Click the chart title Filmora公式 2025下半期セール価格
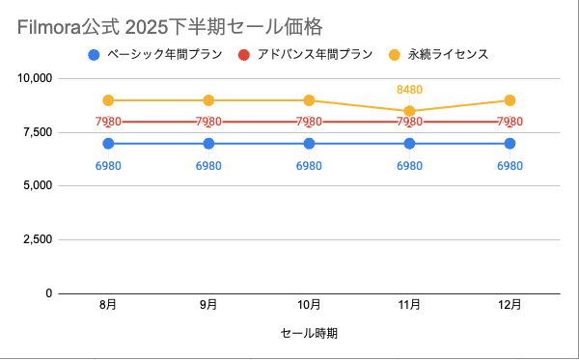pyautogui.click(x=170, y=25)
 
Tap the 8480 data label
pyautogui.click(x=409, y=90)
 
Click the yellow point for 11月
pyautogui.click(x=409, y=111)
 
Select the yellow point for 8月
pyautogui.click(x=109, y=100)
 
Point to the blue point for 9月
pyautogui.click(x=209, y=143)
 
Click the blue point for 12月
pyautogui.click(x=510, y=143)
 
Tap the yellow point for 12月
pyautogui.click(x=510, y=100)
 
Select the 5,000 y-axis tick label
pyautogui.click(x=35, y=185)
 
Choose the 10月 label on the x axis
pyautogui.click(x=309, y=305)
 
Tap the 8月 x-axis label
pyautogui.click(x=109, y=305)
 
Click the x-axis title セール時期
pyautogui.click(x=309, y=333)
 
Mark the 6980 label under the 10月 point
pyautogui.click(x=309, y=165)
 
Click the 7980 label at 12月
pyautogui.click(x=510, y=122)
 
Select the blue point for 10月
pyautogui.click(x=309, y=143)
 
